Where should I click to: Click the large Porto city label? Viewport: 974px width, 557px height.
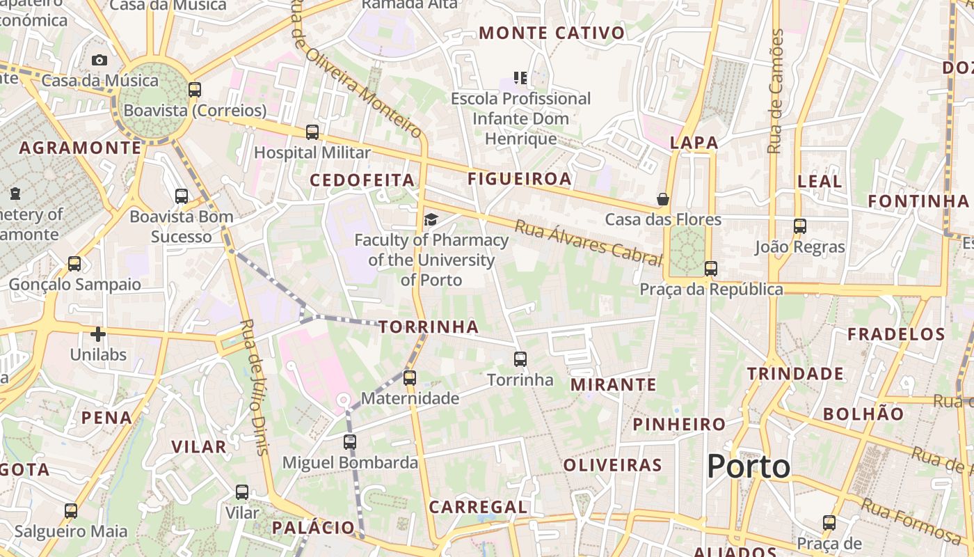pos(749,466)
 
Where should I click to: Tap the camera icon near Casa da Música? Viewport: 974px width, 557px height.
pos(99,60)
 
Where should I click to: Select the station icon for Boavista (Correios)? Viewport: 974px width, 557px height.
pos(195,90)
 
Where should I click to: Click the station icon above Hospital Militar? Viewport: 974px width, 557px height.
pos(312,132)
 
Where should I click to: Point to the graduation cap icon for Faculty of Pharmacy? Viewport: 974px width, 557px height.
pos(431,220)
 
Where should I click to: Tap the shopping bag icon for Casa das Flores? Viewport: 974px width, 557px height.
pos(663,199)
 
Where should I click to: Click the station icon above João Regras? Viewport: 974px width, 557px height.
pos(800,226)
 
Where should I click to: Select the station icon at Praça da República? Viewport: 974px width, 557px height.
pos(710,269)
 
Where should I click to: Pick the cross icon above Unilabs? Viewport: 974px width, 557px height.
pos(98,334)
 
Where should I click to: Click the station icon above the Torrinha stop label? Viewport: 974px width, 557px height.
pos(520,359)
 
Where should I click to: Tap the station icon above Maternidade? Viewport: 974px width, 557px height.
pos(410,378)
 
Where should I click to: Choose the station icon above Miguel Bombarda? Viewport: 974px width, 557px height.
pos(350,442)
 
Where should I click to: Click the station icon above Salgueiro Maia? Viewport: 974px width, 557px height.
pos(71,511)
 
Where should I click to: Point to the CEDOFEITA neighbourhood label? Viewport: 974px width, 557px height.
pos(362,180)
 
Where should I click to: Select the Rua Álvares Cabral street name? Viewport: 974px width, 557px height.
pos(589,244)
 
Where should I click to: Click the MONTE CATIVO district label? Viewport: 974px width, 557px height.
pos(552,33)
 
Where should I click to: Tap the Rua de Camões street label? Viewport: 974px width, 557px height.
pos(775,91)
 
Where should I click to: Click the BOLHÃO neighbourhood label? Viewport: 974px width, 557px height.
pos(863,414)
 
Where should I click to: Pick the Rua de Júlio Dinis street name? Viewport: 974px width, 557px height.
pos(253,386)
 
